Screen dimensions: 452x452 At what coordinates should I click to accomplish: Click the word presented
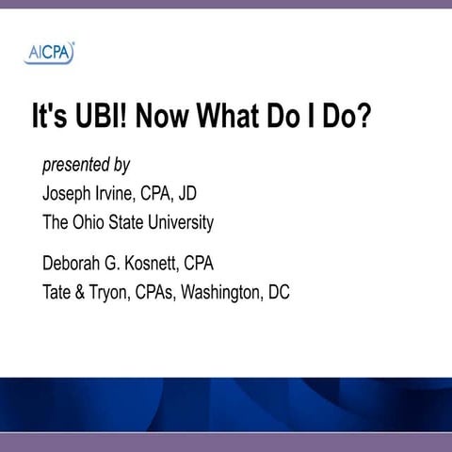click(75, 167)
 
